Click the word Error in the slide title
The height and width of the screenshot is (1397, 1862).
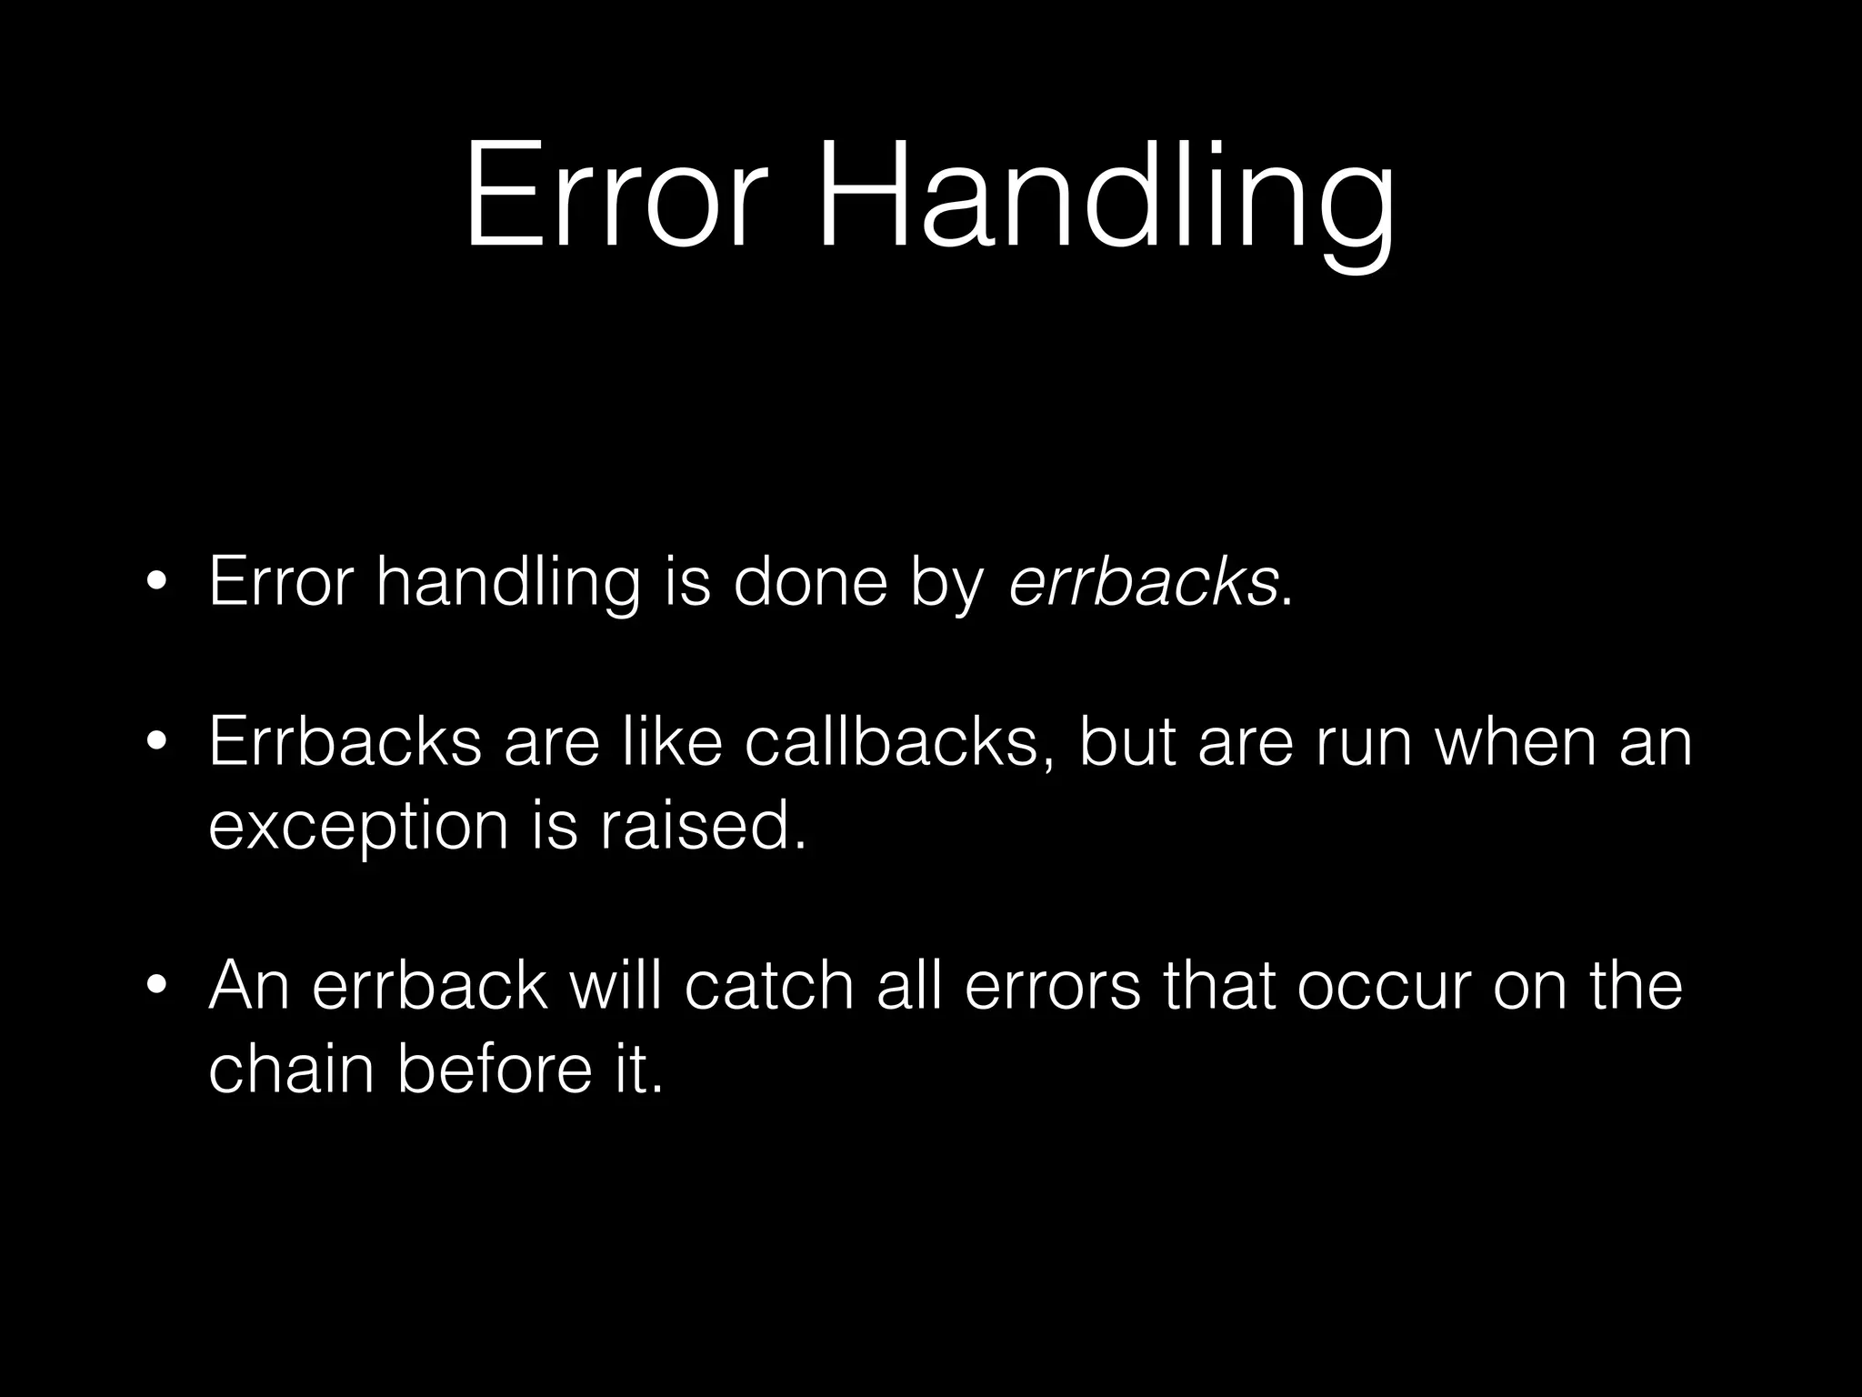coord(611,196)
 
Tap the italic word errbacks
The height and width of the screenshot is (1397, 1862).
coord(1144,582)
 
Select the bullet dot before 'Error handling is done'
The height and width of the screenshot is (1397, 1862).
coord(157,584)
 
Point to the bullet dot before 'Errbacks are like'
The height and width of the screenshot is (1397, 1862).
coord(157,743)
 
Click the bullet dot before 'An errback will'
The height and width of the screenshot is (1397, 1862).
coord(157,987)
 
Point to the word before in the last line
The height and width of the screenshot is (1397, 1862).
coord(495,1068)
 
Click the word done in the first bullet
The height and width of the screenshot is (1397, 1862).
coord(810,582)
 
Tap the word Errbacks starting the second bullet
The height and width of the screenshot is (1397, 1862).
coord(345,741)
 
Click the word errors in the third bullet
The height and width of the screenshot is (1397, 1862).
coord(1051,987)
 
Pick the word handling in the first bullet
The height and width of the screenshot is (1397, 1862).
coord(508,584)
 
